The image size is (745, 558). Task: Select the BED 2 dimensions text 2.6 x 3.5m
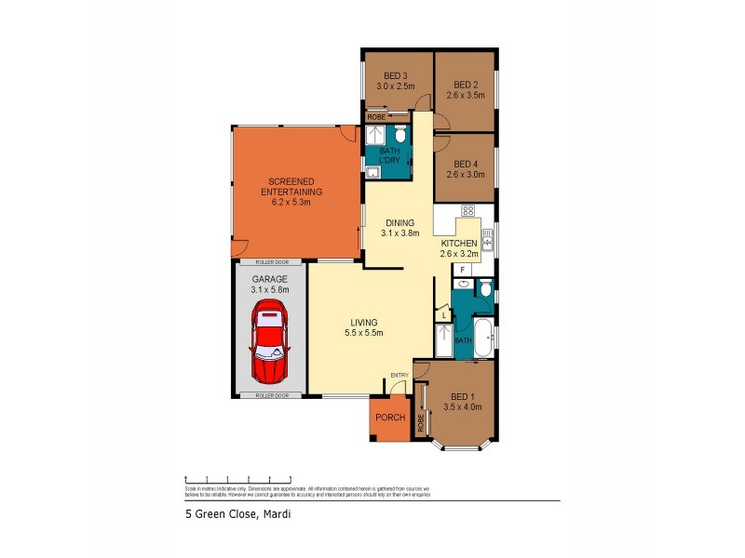465,94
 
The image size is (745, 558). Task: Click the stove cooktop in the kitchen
467,210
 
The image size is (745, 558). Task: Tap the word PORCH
390,418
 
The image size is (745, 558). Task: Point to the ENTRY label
400,375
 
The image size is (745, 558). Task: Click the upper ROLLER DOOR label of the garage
270,263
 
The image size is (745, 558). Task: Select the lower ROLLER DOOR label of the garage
270,395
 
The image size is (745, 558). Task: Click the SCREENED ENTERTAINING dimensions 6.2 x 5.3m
291,202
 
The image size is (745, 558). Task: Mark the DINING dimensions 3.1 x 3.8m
400,234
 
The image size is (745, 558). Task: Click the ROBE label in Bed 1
421,423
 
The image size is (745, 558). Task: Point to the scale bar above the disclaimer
241,479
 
